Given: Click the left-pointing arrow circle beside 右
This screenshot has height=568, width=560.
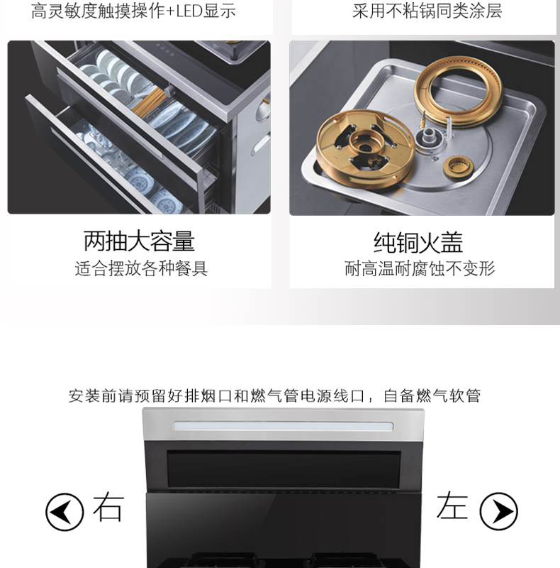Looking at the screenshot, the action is [x=65, y=512].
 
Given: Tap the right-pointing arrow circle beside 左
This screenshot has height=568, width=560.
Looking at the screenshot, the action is [x=498, y=512].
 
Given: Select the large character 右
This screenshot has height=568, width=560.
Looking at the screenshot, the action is [x=108, y=506].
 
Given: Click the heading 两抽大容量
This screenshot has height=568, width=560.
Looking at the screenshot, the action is [x=139, y=241].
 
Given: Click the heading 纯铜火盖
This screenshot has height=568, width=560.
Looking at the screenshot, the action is [x=418, y=242].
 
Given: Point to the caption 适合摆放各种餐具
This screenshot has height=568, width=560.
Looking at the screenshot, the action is [x=142, y=268].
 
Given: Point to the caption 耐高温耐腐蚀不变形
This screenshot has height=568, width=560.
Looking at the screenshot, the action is [x=420, y=268].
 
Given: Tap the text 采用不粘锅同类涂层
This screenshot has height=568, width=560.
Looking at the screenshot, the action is [x=427, y=11].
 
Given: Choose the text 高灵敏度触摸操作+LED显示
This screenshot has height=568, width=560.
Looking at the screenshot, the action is [x=133, y=11].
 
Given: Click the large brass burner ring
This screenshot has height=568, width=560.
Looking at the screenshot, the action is [x=459, y=91].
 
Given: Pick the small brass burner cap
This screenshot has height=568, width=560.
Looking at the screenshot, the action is [x=458, y=167].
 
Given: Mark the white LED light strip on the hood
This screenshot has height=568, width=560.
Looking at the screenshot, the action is [x=284, y=425].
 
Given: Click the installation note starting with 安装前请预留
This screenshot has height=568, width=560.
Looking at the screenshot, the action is [x=275, y=395].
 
